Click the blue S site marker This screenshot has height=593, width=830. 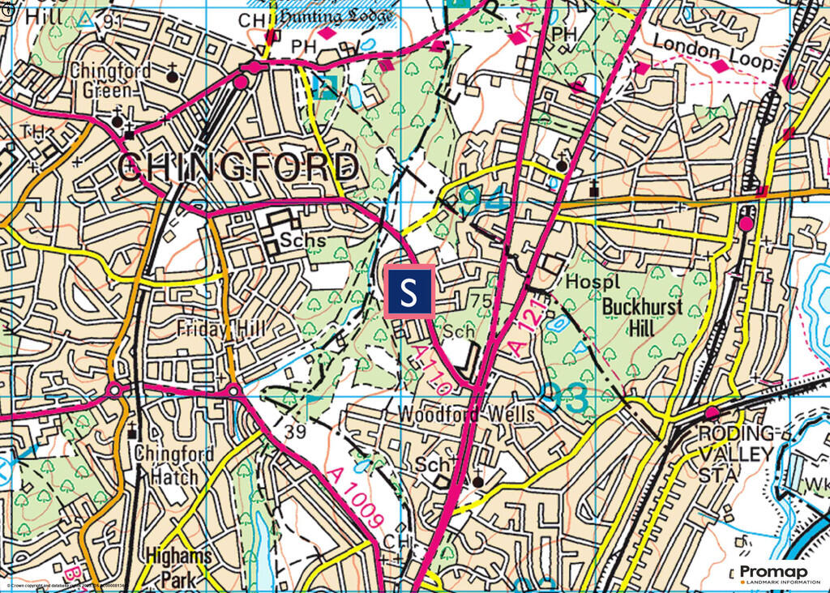(x=409, y=291)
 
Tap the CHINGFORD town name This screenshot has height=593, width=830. (x=240, y=168)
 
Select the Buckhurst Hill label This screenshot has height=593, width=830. (x=642, y=318)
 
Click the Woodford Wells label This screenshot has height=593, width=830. (x=466, y=414)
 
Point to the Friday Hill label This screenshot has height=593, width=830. (x=216, y=331)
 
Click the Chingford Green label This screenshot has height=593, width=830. (x=110, y=79)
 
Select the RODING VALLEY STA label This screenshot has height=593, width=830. (x=736, y=453)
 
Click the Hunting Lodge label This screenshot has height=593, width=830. (x=336, y=16)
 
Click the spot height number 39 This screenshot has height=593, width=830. (x=295, y=432)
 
